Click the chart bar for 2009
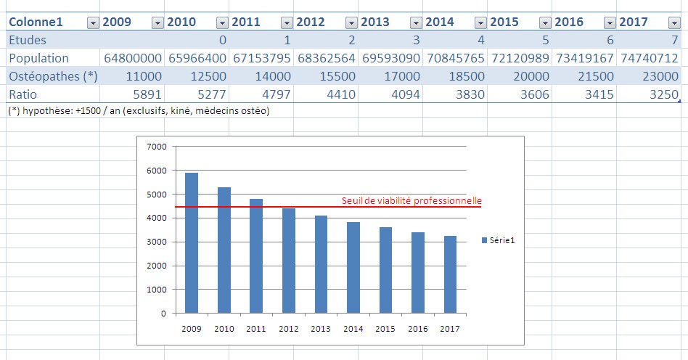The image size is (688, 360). tap(192, 243)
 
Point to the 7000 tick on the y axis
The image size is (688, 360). tap(157, 147)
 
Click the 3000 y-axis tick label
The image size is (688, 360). tap(157, 242)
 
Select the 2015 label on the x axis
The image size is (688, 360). tap(385, 329)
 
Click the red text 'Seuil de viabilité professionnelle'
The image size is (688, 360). tap(411, 201)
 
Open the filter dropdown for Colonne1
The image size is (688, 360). tap(92, 22)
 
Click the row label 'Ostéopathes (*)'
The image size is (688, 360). tap(52, 75)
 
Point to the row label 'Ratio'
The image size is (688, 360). tap(22, 93)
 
